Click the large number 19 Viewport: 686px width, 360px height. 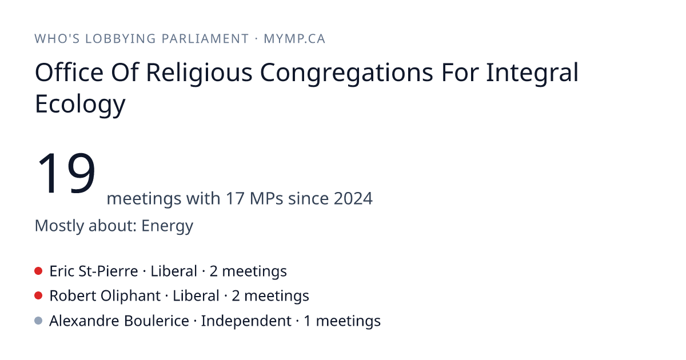click(66, 173)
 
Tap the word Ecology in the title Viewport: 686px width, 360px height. click(80, 104)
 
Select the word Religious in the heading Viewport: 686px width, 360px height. click(199, 73)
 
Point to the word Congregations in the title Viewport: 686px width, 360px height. click(346, 73)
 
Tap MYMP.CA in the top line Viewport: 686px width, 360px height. click(294, 39)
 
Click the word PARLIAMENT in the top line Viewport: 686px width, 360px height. click(205, 39)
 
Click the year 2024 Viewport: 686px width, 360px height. click(353, 198)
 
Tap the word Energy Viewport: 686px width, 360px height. click(167, 226)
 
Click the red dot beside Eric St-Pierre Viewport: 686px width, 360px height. click(38, 271)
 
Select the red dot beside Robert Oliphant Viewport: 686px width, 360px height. click(38, 296)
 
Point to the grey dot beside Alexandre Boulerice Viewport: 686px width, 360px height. click(38, 321)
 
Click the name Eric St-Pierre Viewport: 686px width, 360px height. click(94, 271)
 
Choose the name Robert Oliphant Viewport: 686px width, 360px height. click(105, 296)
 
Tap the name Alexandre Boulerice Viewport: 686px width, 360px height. click(119, 321)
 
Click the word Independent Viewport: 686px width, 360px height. click(246, 321)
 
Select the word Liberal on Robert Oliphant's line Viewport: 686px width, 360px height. click(196, 296)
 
